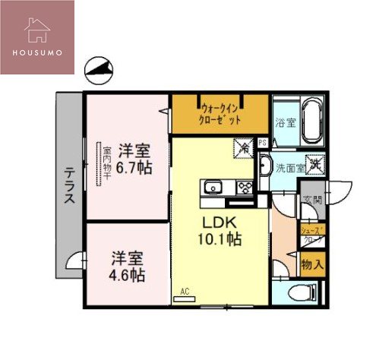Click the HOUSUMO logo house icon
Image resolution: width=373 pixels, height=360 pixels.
point(37,28)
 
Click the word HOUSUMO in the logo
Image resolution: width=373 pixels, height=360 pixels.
point(37,54)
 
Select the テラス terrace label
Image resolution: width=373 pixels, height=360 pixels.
point(68,186)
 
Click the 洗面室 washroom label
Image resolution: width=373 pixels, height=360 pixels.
point(290,167)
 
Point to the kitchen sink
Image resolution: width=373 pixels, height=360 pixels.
point(212,186)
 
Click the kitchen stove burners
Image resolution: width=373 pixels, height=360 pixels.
point(246,187)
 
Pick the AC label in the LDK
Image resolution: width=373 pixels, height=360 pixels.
point(184,291)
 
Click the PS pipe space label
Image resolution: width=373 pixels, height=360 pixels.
point(262,142)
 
